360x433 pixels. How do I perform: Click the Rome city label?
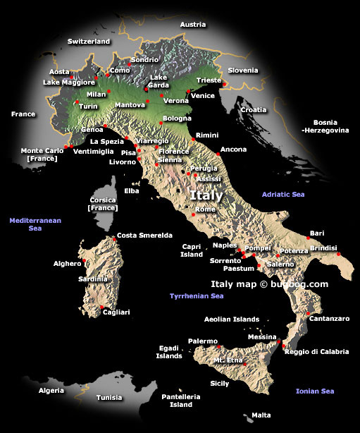tap(206, 209)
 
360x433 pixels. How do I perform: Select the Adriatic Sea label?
tap(283, 194)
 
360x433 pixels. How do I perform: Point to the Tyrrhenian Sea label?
tap(197, 296)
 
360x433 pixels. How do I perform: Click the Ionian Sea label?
tap(315, 391)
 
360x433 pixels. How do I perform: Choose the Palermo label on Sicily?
tap(203, 341)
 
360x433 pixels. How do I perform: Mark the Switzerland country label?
tap(89, 42)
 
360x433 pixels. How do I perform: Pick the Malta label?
tap(261, 415)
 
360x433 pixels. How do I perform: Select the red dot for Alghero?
tap(85, 261)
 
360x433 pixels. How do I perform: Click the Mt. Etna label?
tap(228, 360)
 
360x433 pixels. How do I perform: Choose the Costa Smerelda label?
tap(144, 236)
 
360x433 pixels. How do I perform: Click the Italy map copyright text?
tap(270, 284)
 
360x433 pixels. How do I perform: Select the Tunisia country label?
tap(109, 397)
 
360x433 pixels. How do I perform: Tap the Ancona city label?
tap(234, 150)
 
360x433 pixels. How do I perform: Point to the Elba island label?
tap(132, 190)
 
